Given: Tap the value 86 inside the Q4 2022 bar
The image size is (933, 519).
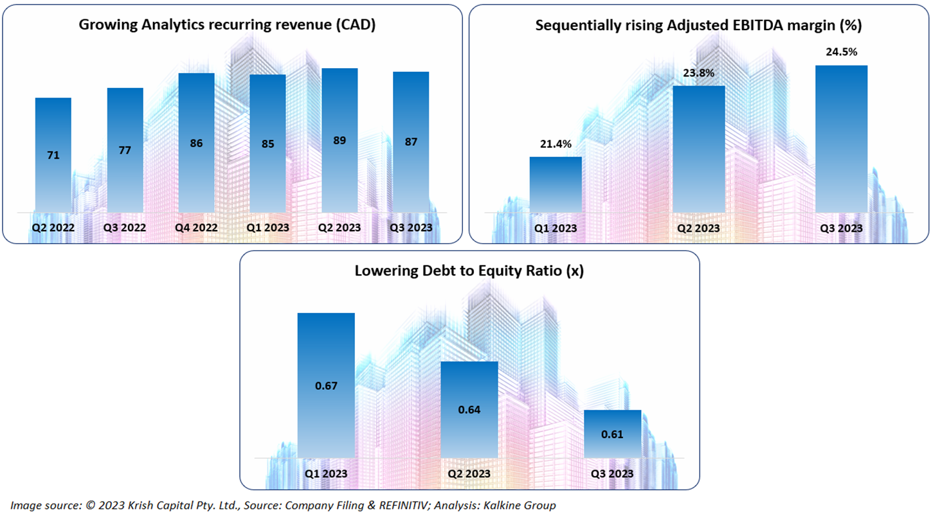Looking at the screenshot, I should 196,143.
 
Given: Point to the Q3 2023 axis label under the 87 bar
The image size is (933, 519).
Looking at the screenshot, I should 411,228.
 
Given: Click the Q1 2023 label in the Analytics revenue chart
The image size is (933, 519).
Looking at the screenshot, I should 267,228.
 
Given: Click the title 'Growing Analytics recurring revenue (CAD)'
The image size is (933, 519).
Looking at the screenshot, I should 227,25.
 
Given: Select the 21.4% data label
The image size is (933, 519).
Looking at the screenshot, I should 555,145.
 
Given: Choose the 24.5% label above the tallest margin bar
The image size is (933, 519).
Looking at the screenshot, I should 841,53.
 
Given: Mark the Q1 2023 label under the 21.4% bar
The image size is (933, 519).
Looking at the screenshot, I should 556,229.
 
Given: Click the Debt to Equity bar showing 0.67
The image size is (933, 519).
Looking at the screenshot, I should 326,385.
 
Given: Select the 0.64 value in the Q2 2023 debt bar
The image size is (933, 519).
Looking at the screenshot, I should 469,410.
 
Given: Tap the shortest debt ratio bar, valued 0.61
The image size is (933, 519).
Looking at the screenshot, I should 612,434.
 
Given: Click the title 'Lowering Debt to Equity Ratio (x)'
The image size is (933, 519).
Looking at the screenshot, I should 469,271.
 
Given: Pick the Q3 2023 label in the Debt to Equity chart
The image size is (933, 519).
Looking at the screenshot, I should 612,474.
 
